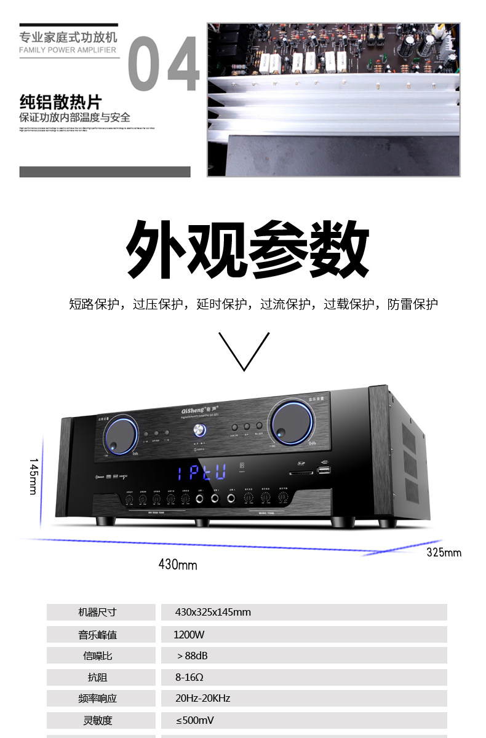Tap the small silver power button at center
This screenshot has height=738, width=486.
pos(198,430)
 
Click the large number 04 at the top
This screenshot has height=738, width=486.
pos(164,65)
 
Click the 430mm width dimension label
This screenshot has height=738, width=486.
pos(178,564)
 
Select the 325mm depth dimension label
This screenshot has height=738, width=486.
pos(444,552)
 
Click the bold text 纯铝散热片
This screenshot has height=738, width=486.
pos(60,101)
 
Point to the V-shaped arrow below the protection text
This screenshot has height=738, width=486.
pos(244,351)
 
